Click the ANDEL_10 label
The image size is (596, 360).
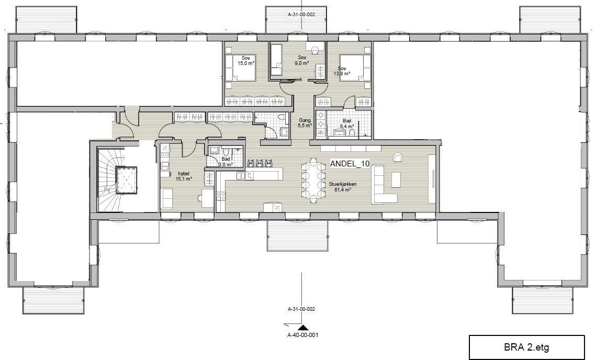350,164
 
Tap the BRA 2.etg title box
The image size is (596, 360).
526,347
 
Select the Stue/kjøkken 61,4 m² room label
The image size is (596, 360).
342,186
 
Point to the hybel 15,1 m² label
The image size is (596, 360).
184,176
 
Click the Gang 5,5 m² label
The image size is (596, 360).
305,123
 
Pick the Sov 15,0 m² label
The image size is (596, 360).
245,61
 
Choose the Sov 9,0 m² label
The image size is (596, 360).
302,60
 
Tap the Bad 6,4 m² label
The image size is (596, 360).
346,123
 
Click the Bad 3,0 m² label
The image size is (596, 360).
226,162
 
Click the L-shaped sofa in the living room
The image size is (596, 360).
384,184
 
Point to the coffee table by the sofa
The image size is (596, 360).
396,180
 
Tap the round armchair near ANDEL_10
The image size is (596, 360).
398,156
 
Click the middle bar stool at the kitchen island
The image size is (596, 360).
260,163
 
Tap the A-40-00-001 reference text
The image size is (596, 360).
302,335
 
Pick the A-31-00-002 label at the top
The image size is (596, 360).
301,15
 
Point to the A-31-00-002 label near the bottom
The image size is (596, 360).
301,309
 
